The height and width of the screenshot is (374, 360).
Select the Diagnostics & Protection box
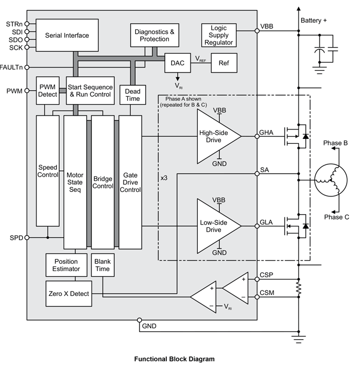coord(155,35)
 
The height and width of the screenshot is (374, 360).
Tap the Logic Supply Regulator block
coord(219,35)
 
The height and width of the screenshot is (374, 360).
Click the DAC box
coord(178,63)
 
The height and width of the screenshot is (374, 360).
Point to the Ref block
coord(224,63)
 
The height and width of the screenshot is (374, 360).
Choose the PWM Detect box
coord(48,91)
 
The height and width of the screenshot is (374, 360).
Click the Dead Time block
coord(133,94)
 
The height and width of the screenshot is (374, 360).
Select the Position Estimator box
coord(66,265)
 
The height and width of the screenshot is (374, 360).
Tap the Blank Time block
coord(103,265)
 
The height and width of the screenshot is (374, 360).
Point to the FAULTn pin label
coord(12,67)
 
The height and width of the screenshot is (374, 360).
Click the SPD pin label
coord(16,237)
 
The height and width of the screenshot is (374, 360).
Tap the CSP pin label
coord(267,275)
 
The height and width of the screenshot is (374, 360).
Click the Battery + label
coord(314,20)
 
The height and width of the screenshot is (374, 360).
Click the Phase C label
coord(337,217)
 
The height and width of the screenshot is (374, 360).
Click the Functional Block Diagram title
coord(174,359)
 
